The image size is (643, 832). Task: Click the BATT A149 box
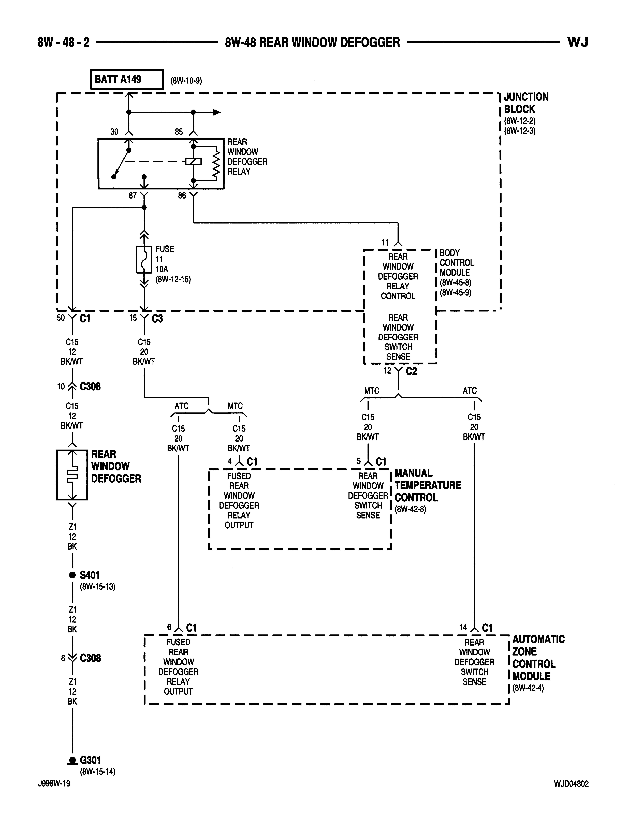(127, 80)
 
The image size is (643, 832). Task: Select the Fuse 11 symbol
(144, 259)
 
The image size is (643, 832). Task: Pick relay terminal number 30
(114, 132)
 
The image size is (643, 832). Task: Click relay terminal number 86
(182, 195)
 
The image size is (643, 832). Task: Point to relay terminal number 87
(133, 195)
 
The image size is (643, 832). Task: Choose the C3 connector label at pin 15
(157, 318)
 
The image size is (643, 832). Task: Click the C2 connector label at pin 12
(411, 371)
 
